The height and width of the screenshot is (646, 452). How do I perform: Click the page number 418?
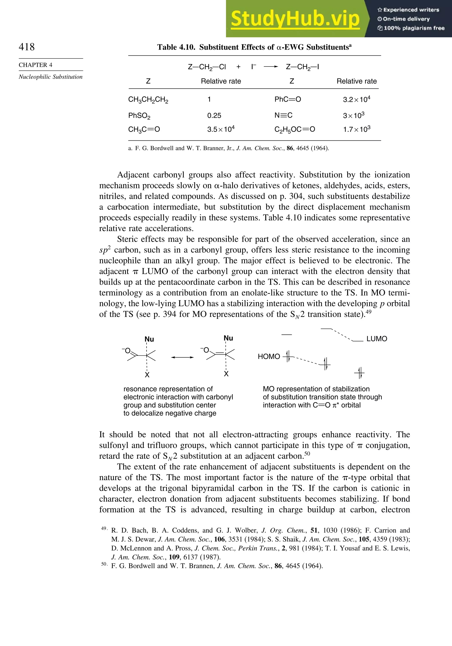point(27,47)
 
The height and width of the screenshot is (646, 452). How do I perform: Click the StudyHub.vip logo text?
point(295,19)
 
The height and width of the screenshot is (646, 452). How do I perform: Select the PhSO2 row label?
point(139,116)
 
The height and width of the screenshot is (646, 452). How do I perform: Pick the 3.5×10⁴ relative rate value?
point(221,129)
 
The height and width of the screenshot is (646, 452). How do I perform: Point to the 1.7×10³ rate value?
point(356,129)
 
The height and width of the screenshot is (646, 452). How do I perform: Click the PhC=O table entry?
point(287,99)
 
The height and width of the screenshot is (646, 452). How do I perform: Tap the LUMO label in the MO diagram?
point(377,339)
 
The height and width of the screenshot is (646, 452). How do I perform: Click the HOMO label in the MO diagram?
point(269,357)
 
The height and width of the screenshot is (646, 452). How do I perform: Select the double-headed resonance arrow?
point(182,357)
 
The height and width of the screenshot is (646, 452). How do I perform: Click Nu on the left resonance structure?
point(149,339)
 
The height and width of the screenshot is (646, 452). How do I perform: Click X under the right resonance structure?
point(226,374)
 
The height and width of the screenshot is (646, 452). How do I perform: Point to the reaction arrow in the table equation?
point(271,67)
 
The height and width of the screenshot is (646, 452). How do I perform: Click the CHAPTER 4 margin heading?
point(36,65)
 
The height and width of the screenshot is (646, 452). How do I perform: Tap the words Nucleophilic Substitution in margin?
point(51,77)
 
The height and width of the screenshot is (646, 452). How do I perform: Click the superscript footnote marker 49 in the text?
point(368,312)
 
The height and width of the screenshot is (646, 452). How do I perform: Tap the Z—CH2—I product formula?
point(302,67)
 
